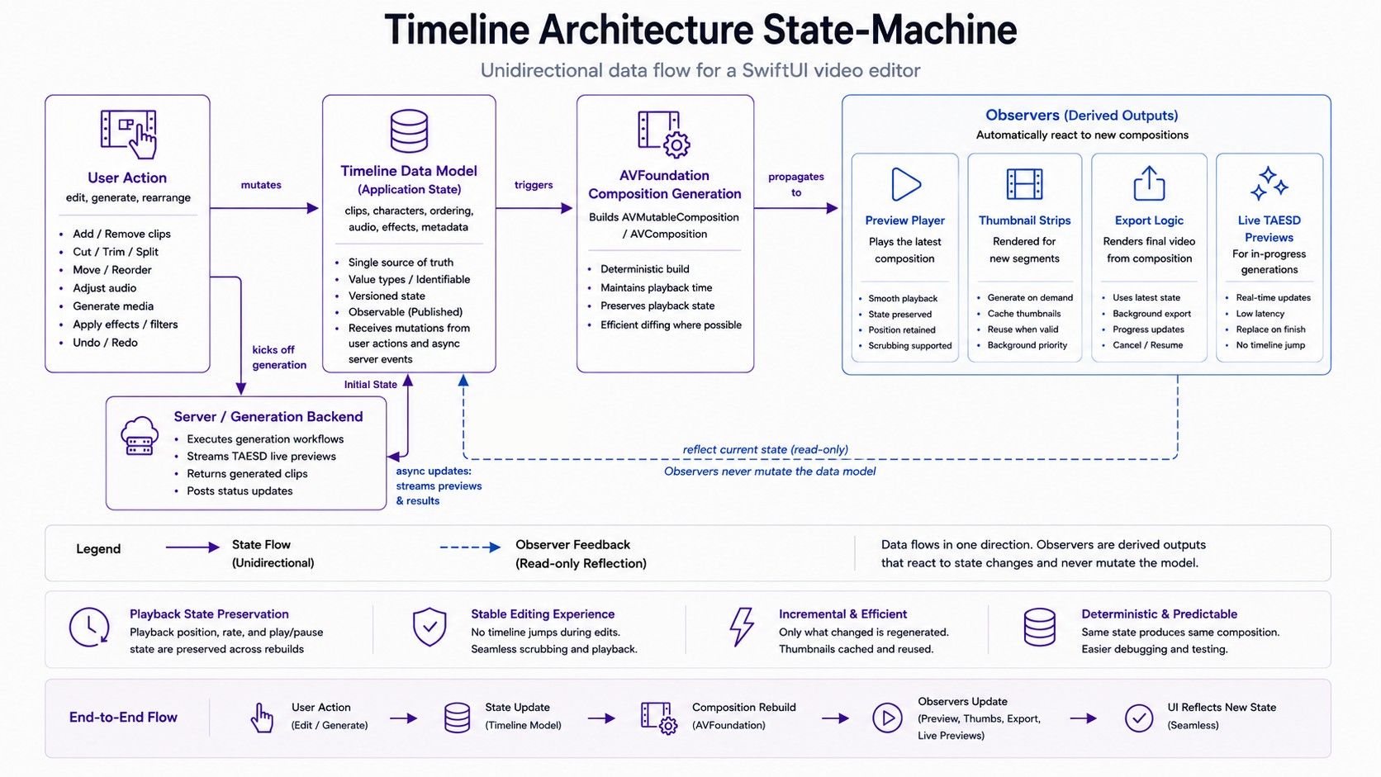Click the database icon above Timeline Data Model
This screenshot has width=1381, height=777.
click(409, 130)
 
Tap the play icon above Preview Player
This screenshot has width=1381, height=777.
click(905, 183)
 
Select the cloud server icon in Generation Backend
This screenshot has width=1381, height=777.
click(140, 436)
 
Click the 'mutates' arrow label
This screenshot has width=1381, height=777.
click(261, 185)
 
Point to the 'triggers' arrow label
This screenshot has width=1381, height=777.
click(534, 185)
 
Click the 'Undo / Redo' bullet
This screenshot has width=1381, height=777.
click(105, 343)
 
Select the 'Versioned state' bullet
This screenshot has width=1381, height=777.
click(387, 296)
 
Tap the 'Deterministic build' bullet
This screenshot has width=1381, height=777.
click(645, 269)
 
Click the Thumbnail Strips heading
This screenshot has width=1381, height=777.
click(1025, 220)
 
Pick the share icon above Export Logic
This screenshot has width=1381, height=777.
click(1149, 183)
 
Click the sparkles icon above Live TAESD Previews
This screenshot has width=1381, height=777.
click(1269, 183)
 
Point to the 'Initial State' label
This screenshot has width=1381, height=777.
click(371, 385)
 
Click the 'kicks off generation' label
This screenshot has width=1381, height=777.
click(279, 358)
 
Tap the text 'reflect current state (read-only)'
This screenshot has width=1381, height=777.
click(765, 449)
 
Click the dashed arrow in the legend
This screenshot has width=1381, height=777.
click(470, 547)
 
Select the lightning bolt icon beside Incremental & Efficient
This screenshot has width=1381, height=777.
click(741, 627)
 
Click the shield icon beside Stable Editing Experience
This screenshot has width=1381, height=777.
click(429, 627)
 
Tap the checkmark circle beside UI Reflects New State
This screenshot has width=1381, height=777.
click(1139, 718)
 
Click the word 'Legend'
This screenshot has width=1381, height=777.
click(98, 549)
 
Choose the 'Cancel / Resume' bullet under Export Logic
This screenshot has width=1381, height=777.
click(1148, 345)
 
